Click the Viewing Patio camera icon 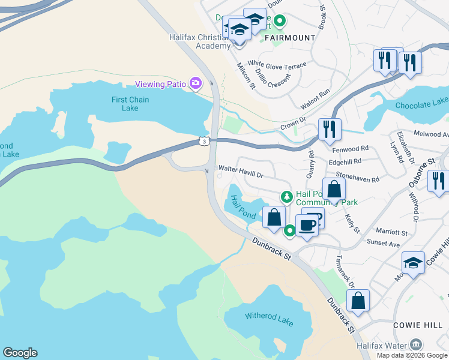click(195, 83)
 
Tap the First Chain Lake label click(130, 104)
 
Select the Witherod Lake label click(269, 319)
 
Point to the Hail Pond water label click(239, 205)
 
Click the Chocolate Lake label click(421, 105)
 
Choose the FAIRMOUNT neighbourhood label click(290, 38)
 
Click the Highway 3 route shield click(205, 142)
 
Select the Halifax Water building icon click(415, 344)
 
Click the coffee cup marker click(307, 226)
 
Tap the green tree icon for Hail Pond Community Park click(288, 197)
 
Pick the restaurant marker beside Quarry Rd click(329, 129)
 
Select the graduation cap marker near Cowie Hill click(413, 263)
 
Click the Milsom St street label click(246, 77)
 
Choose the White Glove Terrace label click(277, 64)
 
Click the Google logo click(20, 353)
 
